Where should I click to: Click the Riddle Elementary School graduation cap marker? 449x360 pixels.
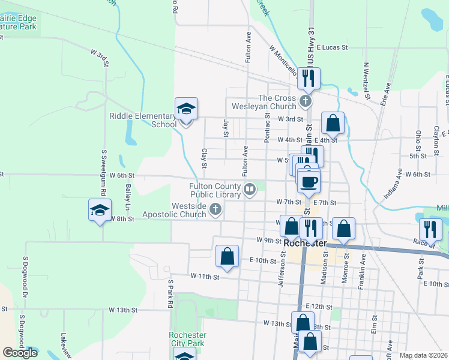tap(186, 109)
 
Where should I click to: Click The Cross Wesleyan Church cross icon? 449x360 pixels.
tap(306, 101)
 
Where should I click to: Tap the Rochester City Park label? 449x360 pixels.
tap(187, 339)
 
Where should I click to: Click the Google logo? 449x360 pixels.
tap(20, 352)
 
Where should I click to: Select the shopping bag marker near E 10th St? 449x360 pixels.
tap(228, 256)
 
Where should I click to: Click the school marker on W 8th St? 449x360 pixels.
tap(100, 211)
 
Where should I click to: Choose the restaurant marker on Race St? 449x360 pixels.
tap(430, 229)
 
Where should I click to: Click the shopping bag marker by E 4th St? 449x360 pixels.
tap(333, 124)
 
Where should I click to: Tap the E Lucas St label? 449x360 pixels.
tap(333, 47)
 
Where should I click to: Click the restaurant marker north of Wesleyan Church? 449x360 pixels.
tap(309, 78)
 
